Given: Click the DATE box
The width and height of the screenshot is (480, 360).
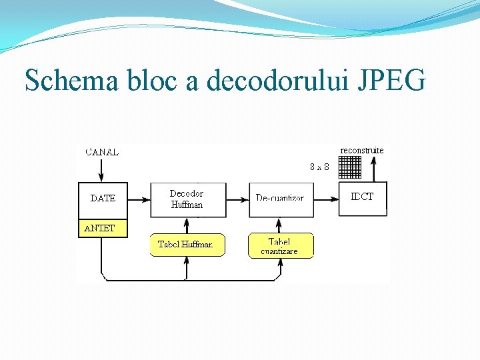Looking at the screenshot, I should point(103,199).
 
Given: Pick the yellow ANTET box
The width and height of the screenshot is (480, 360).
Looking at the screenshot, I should point(103,228).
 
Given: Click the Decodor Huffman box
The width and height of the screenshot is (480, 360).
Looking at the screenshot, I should point(187,199).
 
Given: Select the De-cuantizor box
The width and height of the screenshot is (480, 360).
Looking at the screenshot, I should point(281,199).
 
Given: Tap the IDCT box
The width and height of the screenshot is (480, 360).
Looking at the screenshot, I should point(363,198).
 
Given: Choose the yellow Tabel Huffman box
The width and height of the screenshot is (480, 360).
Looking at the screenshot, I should point(186,245).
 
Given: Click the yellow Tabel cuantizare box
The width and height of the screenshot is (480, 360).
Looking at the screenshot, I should point(280,245).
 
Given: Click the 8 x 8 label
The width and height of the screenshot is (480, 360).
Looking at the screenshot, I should point(320,167).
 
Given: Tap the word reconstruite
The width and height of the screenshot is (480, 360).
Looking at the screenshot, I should point(362,151).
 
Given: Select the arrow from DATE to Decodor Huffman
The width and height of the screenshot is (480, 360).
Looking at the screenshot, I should point(139,199).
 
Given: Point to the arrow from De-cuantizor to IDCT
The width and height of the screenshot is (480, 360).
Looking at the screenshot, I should point(326,199).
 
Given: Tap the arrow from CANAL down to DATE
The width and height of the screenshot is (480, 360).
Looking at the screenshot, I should point(101,170).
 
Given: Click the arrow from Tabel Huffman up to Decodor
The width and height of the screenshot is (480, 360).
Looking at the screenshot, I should point(187,225).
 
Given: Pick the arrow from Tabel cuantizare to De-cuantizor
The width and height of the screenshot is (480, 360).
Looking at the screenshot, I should point(281,225).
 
